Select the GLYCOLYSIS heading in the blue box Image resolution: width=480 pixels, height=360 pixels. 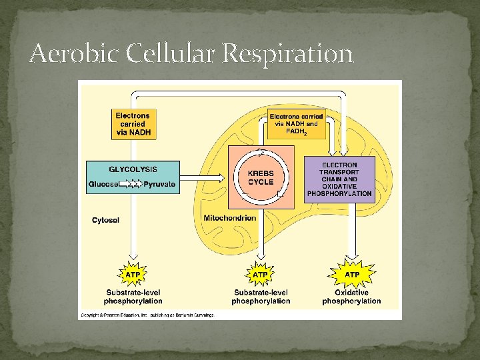coord(133,169)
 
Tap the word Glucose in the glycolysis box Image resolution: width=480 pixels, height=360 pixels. coord(105,184)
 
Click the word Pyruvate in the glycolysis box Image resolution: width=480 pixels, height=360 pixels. coord(160,184)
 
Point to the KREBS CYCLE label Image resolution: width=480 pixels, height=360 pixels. coord(261,177)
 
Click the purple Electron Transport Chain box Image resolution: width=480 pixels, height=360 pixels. coord(339,179)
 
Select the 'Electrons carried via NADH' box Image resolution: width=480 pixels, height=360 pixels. coord(133,124)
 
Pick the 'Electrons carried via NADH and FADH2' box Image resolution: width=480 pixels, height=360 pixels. coord(296,123)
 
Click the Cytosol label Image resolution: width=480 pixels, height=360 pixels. coord(106,221)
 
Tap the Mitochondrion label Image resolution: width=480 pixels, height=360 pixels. coord(229,218)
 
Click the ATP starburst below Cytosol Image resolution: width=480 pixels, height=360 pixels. coord(133,275)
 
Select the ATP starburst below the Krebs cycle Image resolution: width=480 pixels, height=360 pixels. coord(260,275)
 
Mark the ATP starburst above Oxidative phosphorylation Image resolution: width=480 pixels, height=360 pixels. coord(352,275)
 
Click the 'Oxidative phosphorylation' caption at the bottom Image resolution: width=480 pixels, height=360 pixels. coord(351,297)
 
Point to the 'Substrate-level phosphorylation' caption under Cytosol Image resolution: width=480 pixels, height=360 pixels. coord(133,297)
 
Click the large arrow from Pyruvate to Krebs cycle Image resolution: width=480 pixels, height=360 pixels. coord(203,177)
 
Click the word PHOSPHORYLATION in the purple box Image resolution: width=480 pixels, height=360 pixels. coord(339,194)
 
